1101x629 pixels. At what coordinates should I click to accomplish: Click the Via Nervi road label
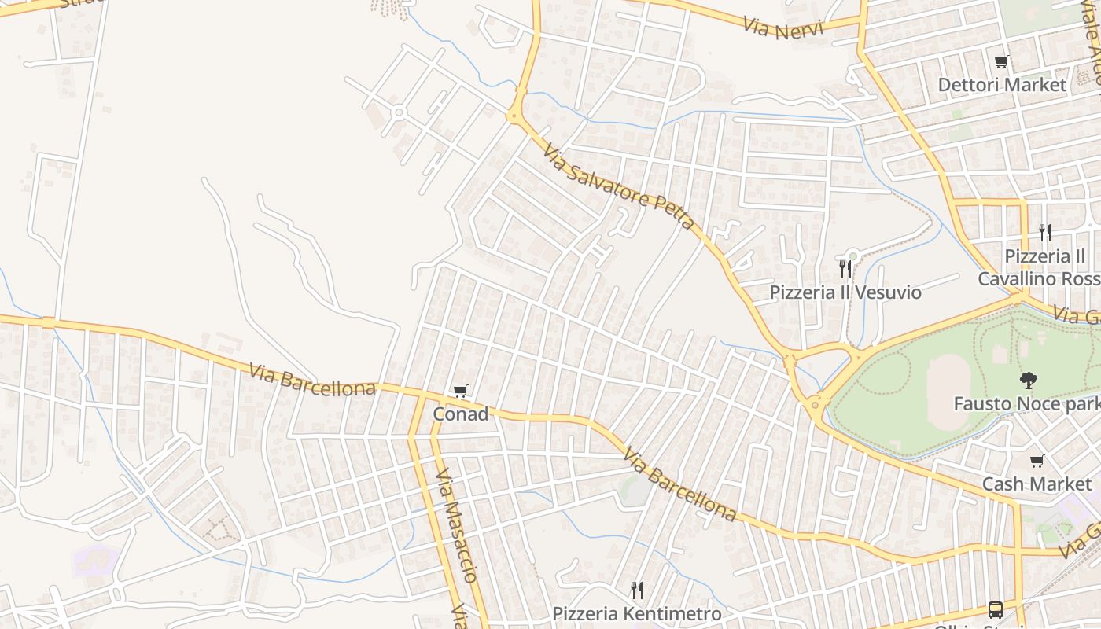(x=782, y=28)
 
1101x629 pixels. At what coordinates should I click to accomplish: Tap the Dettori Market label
(x=1002, y=84)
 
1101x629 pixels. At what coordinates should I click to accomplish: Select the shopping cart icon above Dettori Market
(x=1002, y=61)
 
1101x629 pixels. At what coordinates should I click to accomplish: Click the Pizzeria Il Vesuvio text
(x=845, y=292)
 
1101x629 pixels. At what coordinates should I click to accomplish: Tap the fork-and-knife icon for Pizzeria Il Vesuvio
(x=845, y=269)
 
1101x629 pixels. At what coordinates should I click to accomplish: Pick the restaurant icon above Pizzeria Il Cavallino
(x=1044, y=232)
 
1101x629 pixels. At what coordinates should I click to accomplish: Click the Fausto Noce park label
(x=1026, y=403)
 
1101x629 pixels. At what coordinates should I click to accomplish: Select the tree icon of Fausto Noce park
(x=1027, y=381)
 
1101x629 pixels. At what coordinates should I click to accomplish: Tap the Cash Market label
(x=1037, y=484)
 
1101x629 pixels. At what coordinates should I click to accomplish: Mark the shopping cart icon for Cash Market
(x=1037, y=462)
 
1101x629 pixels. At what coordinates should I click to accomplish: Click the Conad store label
(x=460, y=414)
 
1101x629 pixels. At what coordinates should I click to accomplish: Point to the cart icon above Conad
(x=461, y=391)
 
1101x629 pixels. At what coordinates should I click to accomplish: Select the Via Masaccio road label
(x=456, y=524)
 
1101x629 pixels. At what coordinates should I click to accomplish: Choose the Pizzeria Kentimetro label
(x=636, y=613)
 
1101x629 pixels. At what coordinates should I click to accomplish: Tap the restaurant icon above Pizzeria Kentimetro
(x=636, y=590)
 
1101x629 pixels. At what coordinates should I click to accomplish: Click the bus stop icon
(x=995, y=609)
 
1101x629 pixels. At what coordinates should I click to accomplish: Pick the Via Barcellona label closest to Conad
(x=312, y=379)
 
